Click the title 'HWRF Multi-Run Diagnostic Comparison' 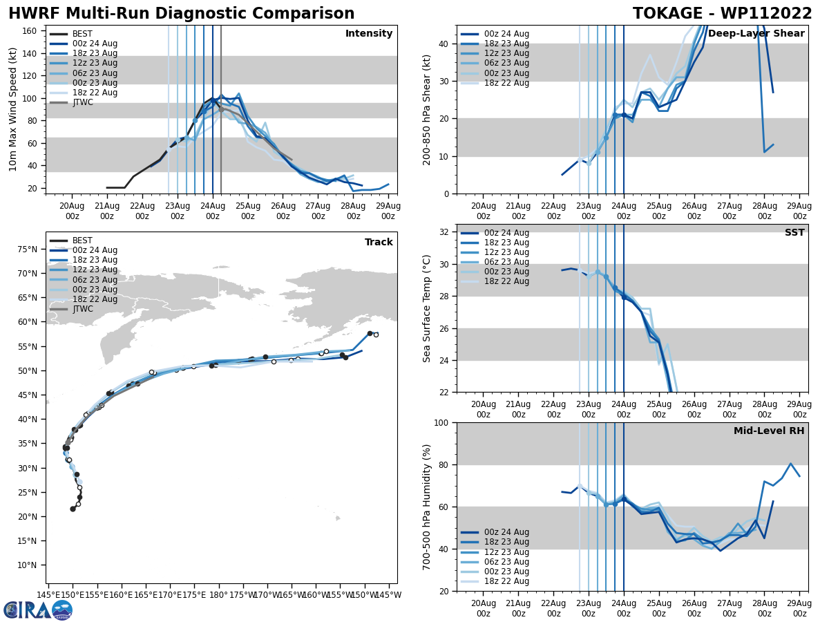181,14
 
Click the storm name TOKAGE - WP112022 722,14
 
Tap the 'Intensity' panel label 368,34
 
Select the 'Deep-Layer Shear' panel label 756,34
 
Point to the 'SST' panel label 794,233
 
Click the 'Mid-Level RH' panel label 768,431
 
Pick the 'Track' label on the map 379,243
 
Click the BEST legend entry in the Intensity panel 82,34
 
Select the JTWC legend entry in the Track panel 82,309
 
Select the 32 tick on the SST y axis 445,232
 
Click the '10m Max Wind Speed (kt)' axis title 12,109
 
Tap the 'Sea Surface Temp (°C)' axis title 427,308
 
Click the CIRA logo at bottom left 38,610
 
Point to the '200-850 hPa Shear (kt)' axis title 427,109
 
